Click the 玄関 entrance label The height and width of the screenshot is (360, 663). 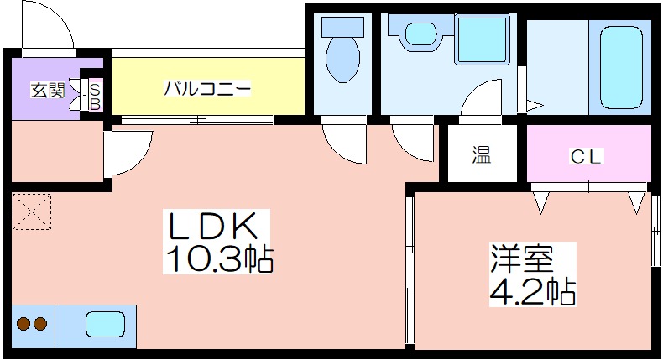pos(48,90)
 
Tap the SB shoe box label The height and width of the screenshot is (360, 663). pos(95,97)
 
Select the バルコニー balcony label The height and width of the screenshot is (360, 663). pos(207,89)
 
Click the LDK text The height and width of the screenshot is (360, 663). pos(213,226)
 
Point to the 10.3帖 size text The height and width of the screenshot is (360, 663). pos(219,258)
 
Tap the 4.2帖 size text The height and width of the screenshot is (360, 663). pos(532,291)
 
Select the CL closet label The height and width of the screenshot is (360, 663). pos(585,157)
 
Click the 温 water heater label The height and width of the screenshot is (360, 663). pos(482,154)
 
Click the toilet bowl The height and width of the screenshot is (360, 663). pos(343,60)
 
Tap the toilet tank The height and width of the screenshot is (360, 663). pos(343,27)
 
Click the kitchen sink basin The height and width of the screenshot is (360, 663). pos(105,325)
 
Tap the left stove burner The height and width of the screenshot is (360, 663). pos(23,324)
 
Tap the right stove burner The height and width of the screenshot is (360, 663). pos(40,324)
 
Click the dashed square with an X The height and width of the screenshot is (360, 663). pos(32,211)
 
